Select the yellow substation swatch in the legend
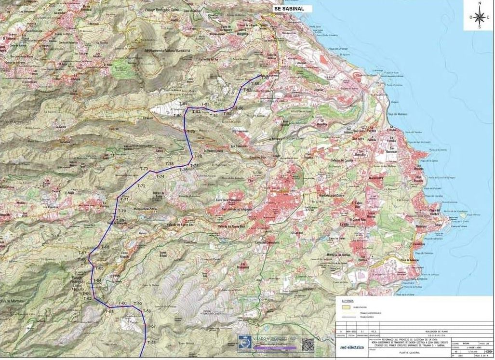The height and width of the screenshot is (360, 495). (x=345, y=307)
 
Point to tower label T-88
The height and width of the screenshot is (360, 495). (x=255, y=84)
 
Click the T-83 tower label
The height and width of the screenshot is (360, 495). (x=204, y=105)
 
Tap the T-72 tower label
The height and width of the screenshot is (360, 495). (x=141, y=186)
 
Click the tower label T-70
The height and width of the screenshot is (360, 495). (x=121, y=211)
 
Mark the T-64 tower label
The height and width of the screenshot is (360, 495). (x=97, y=280)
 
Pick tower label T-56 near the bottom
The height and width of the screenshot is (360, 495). (x=152, y=342)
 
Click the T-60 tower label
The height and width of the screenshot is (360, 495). (x=122, y=303)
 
